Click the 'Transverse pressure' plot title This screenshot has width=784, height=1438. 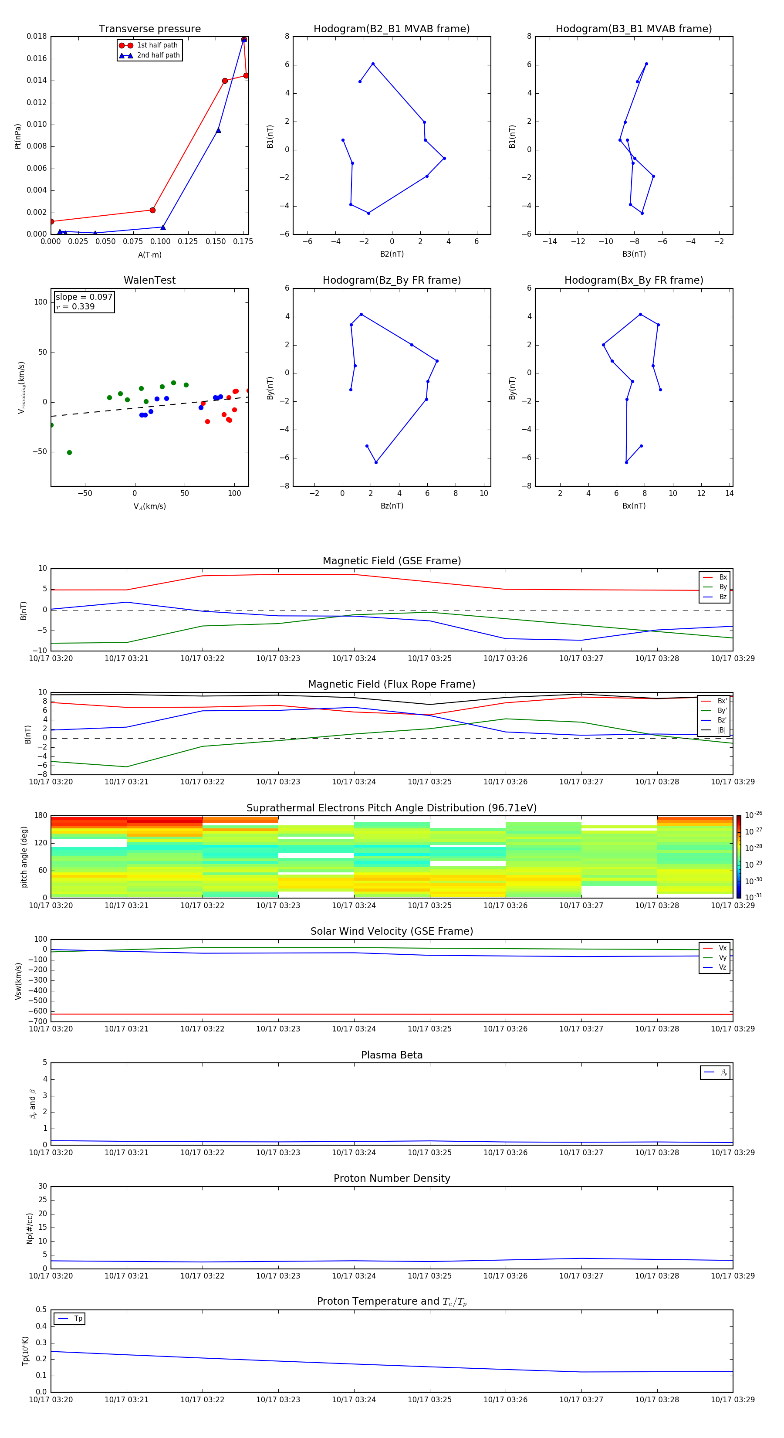pyautogui.click(x=149, y=29)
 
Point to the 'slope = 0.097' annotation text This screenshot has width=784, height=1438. pyautogui.click(x=84, y=297)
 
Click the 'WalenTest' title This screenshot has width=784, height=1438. pyautogui.click(x=149, y=280)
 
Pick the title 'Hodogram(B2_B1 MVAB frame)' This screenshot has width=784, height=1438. pyautogui.click(x=391, y=29)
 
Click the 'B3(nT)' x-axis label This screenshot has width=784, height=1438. pyautogui.click(x=634, y=254)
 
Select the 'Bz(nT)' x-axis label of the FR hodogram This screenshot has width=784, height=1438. pyautogui.click(x=392, y=506)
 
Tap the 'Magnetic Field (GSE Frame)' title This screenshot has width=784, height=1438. pyautogui.click(x=392, y=561)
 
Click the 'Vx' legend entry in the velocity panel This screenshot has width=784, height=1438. pyautogui.click(x=722, y=948)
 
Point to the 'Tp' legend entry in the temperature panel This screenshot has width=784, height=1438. pyautogui.click(x=78, y=1319)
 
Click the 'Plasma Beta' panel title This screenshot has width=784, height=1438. pyautogui.click(x=392, y=1055)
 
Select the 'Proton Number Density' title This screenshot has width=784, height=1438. pyautogui.click(x=392, y=1178)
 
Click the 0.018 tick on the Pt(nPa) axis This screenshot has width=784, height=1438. pyautogui.click(x=37, y=37)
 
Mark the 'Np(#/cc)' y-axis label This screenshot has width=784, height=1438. pyautogui.click(x=30, y=1228)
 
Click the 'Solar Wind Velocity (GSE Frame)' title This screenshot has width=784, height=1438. pyautogui.click(x=392, y=931)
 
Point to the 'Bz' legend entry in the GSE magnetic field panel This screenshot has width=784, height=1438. pyautogui.click(x=723, y=597)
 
